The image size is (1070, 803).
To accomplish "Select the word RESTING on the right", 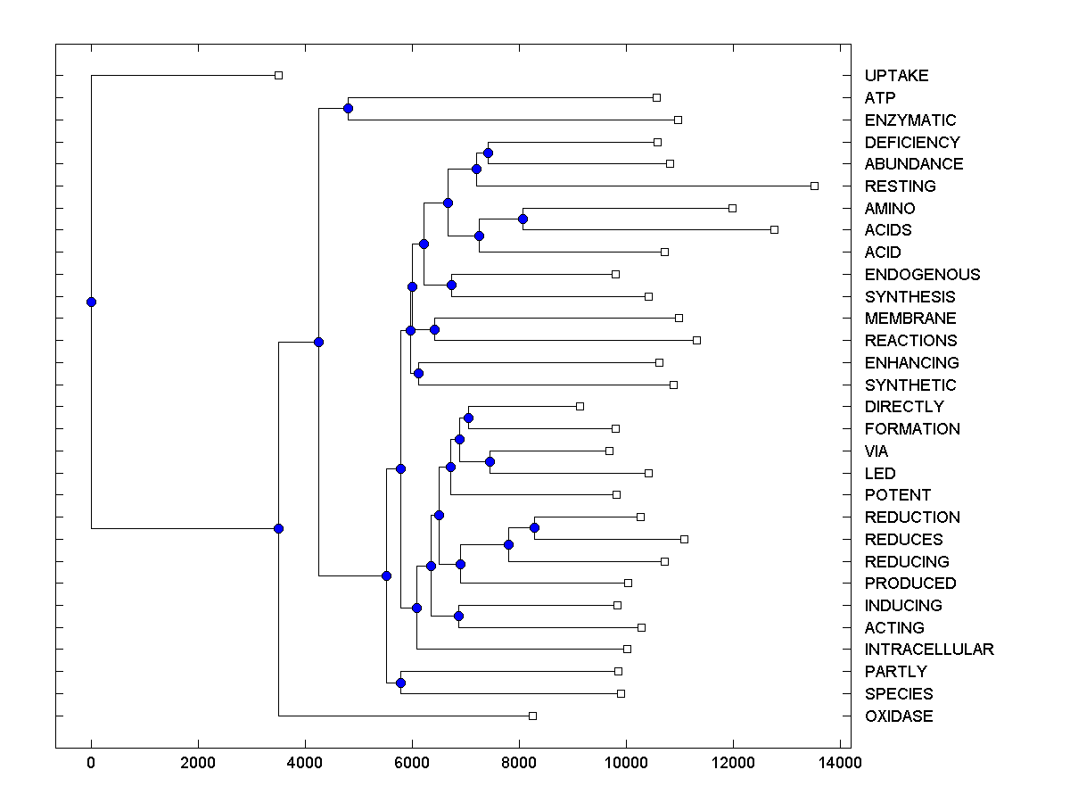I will (x=900, y=186).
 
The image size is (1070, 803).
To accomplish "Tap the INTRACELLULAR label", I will (x=928, y=650).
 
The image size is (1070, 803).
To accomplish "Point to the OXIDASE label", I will (x=898, y=716).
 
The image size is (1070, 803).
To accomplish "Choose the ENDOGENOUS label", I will (x=922, y=275).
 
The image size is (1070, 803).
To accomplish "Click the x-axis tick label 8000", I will (x=519, y=763).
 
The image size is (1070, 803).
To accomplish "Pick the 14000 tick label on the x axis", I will (x=840, y=763).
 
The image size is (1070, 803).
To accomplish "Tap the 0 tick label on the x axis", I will (x=91, y=763).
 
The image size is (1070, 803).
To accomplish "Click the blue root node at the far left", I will (x=91, y=302).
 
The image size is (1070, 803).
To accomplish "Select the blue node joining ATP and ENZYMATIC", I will (x=348, y=109).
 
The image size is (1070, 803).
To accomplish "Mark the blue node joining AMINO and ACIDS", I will (x=523, y=219).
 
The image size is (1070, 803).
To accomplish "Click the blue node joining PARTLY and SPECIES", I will (x=400, y=683).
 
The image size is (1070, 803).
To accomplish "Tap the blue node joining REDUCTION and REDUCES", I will (x=534, y=527).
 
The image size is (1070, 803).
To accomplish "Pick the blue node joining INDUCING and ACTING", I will (x=458, y=616).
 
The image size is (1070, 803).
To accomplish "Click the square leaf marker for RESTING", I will (x=814, y=186).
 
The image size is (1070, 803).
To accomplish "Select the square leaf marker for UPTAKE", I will (x=278, y=75).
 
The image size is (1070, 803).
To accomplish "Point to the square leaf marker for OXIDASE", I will (x=532, y=716).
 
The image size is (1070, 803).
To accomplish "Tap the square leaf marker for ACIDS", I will (x=774, y=229).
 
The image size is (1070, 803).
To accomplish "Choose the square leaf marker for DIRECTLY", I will (x=580, y=406).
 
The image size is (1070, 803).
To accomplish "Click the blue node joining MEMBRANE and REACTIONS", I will (x=434, y=329).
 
